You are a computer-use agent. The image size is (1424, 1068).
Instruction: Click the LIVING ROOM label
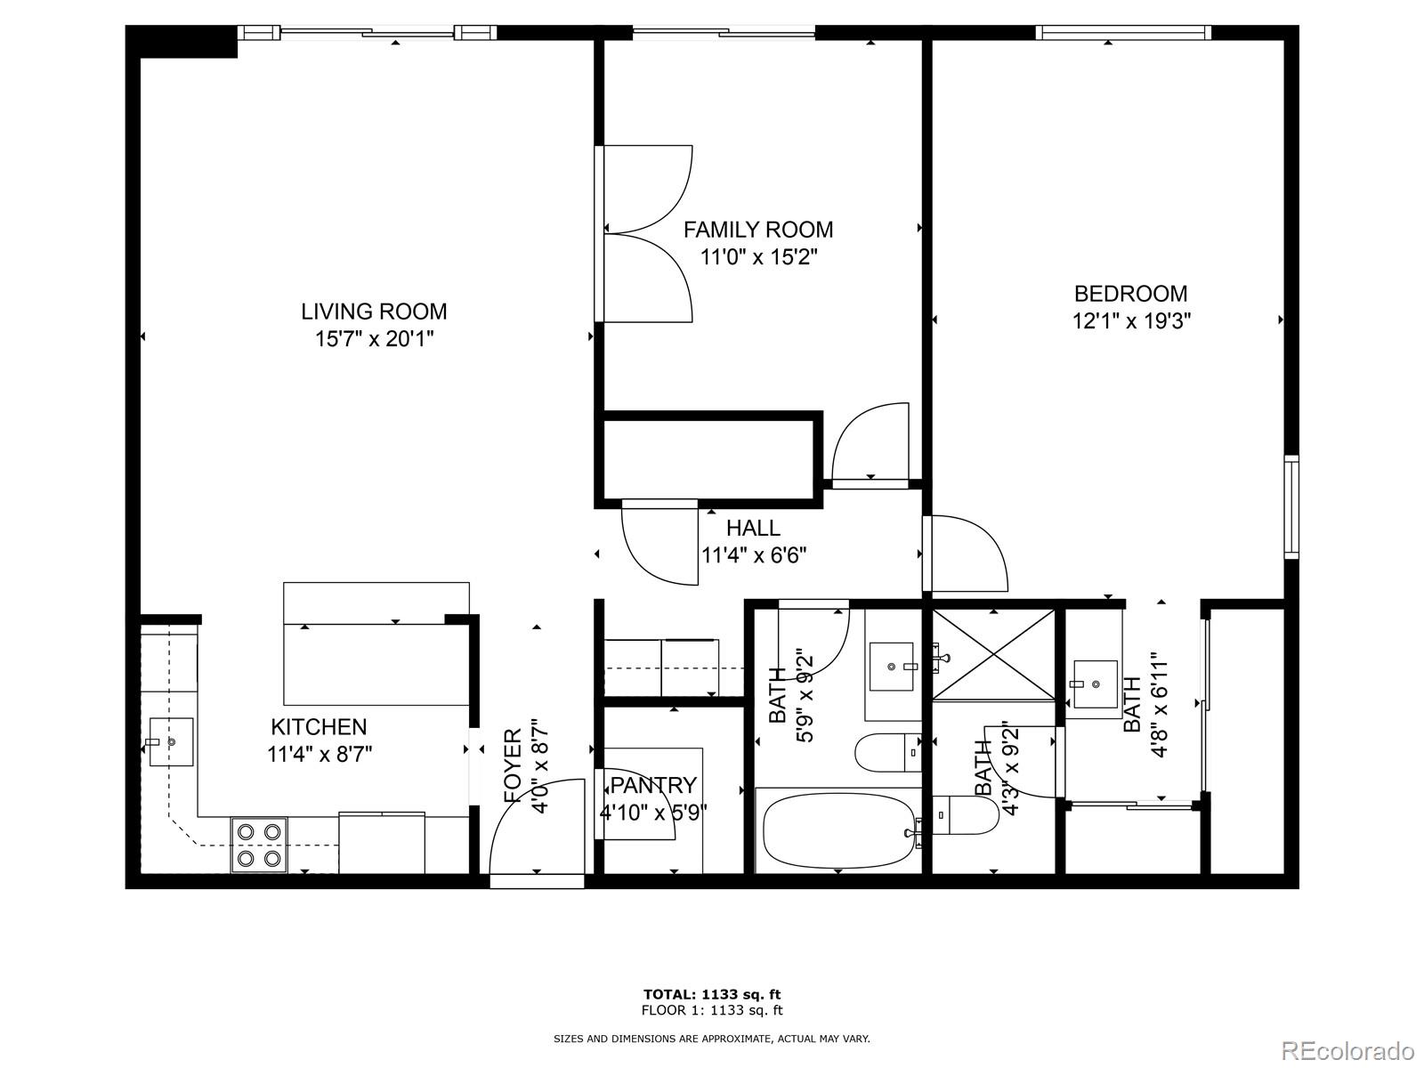(374, 311)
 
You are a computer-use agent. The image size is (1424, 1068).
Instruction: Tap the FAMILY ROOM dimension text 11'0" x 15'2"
(758, 258)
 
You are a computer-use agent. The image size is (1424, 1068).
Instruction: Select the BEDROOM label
(1130, 294)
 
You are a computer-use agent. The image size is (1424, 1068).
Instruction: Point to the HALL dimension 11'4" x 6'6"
(754, 556)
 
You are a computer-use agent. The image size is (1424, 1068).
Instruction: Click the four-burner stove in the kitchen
(259, 845)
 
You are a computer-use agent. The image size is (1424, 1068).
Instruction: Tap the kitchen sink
(170, 741)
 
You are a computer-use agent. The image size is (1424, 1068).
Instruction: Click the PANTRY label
(654, 785)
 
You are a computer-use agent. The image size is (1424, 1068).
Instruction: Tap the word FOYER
(513, 766)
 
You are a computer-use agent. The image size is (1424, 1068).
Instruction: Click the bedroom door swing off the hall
(966, 554)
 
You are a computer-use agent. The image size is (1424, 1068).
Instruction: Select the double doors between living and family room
(645, 233)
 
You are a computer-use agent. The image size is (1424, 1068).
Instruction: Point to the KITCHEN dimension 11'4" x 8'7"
(320, 755)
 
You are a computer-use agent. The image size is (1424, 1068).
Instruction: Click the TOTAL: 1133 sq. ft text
(712, 994)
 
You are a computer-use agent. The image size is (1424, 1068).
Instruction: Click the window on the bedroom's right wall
(1290, 506)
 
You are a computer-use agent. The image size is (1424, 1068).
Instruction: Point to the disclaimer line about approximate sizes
(712, 1039)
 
